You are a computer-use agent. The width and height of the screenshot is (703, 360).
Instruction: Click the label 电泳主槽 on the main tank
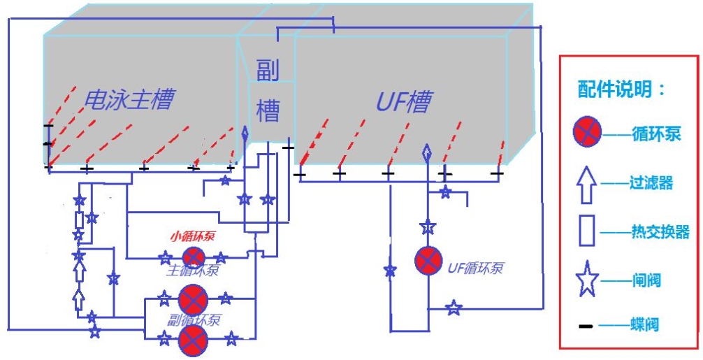point(128,99)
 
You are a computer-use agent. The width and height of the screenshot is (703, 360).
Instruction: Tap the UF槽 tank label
point(403,103)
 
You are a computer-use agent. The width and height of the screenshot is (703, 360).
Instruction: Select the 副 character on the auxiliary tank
point(268,71)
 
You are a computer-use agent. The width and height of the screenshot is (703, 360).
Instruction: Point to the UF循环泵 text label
point(475,267)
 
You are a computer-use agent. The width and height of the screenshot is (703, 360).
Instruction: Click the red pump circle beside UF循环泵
point(427,261)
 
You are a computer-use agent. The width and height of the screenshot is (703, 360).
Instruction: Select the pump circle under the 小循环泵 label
point(192,257)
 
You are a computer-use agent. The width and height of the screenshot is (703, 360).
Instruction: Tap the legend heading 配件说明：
point(623,89)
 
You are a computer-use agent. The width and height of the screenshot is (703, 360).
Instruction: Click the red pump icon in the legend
point(587,132)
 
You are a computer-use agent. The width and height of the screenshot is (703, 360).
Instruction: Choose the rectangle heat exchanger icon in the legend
point(587,232)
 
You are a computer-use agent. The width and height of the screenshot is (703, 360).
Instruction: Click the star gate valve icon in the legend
point(587,280)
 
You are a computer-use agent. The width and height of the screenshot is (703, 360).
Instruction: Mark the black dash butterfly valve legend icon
point(586,326)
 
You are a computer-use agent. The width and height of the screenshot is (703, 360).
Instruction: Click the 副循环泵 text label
point(194,319)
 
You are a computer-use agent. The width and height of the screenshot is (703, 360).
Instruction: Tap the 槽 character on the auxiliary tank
point(268,110)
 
